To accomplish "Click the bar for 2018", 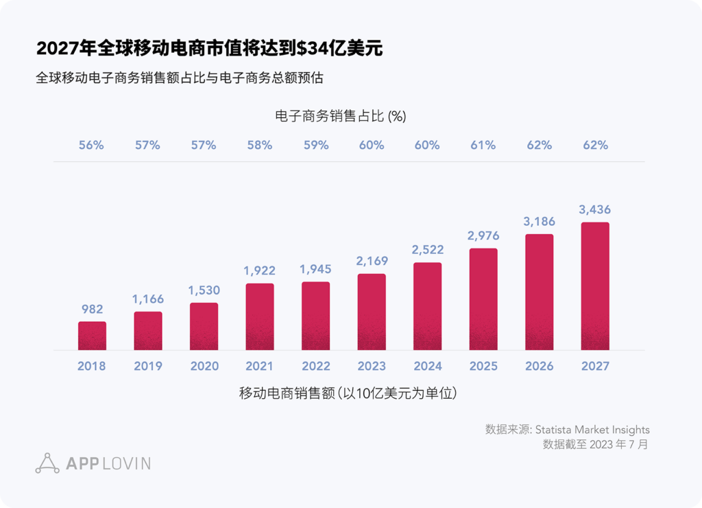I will (x=92, y=336).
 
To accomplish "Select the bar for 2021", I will (x=260, y=316).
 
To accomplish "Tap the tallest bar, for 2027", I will (x=595, y=286).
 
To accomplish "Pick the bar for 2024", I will (x=428, y=306).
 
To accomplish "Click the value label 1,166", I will (x=147, y=299).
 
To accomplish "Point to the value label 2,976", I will (x=483, y=235).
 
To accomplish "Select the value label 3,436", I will (x=595, y=209).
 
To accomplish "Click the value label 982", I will (x=92, y=310).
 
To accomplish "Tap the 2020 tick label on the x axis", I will (x=204, y=366).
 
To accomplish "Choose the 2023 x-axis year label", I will (x=372, y=366).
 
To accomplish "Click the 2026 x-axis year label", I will (x=540, y=366).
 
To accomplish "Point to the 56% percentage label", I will (x=91, y=145).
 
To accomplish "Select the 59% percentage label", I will (x=315, y=145).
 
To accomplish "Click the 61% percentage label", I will (x=483, y=145).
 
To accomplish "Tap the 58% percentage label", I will (x=260, y=145).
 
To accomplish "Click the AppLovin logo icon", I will (x=47, y=463).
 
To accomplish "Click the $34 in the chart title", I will (x=311, y=48).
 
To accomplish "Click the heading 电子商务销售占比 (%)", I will (x=341, y=116).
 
